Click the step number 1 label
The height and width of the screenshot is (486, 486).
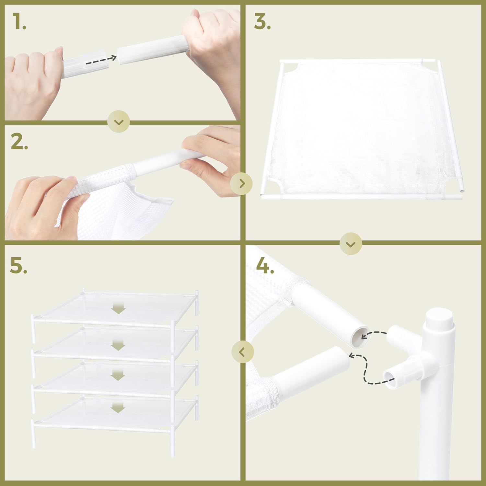point(19,22)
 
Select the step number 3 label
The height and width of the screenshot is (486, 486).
point(262,22)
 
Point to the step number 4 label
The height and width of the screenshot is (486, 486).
point(265,266)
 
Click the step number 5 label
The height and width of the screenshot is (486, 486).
point(19,266)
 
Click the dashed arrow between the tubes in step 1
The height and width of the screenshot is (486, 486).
point(101,61)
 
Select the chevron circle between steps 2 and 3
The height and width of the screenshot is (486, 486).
point(241,184)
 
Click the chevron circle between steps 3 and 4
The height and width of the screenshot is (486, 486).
point(351,243)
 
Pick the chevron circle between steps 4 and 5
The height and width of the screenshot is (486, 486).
point(243,352)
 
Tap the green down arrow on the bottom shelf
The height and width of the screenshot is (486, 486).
point(118,408)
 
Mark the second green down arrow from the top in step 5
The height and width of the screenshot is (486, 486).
point(118,346)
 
